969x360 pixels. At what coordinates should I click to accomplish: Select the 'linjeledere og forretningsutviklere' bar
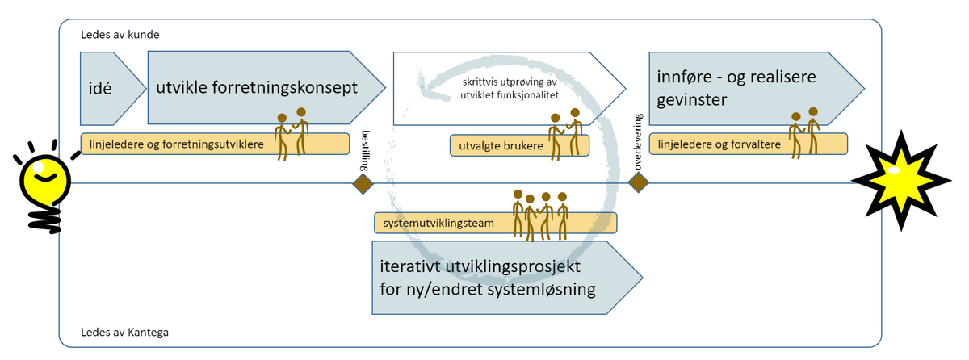178,144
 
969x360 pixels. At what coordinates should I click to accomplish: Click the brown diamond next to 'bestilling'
364,184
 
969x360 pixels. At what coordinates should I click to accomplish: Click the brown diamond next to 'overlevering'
639,184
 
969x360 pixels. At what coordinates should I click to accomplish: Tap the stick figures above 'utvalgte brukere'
565,132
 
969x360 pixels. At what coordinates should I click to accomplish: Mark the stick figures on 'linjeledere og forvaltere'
804,132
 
